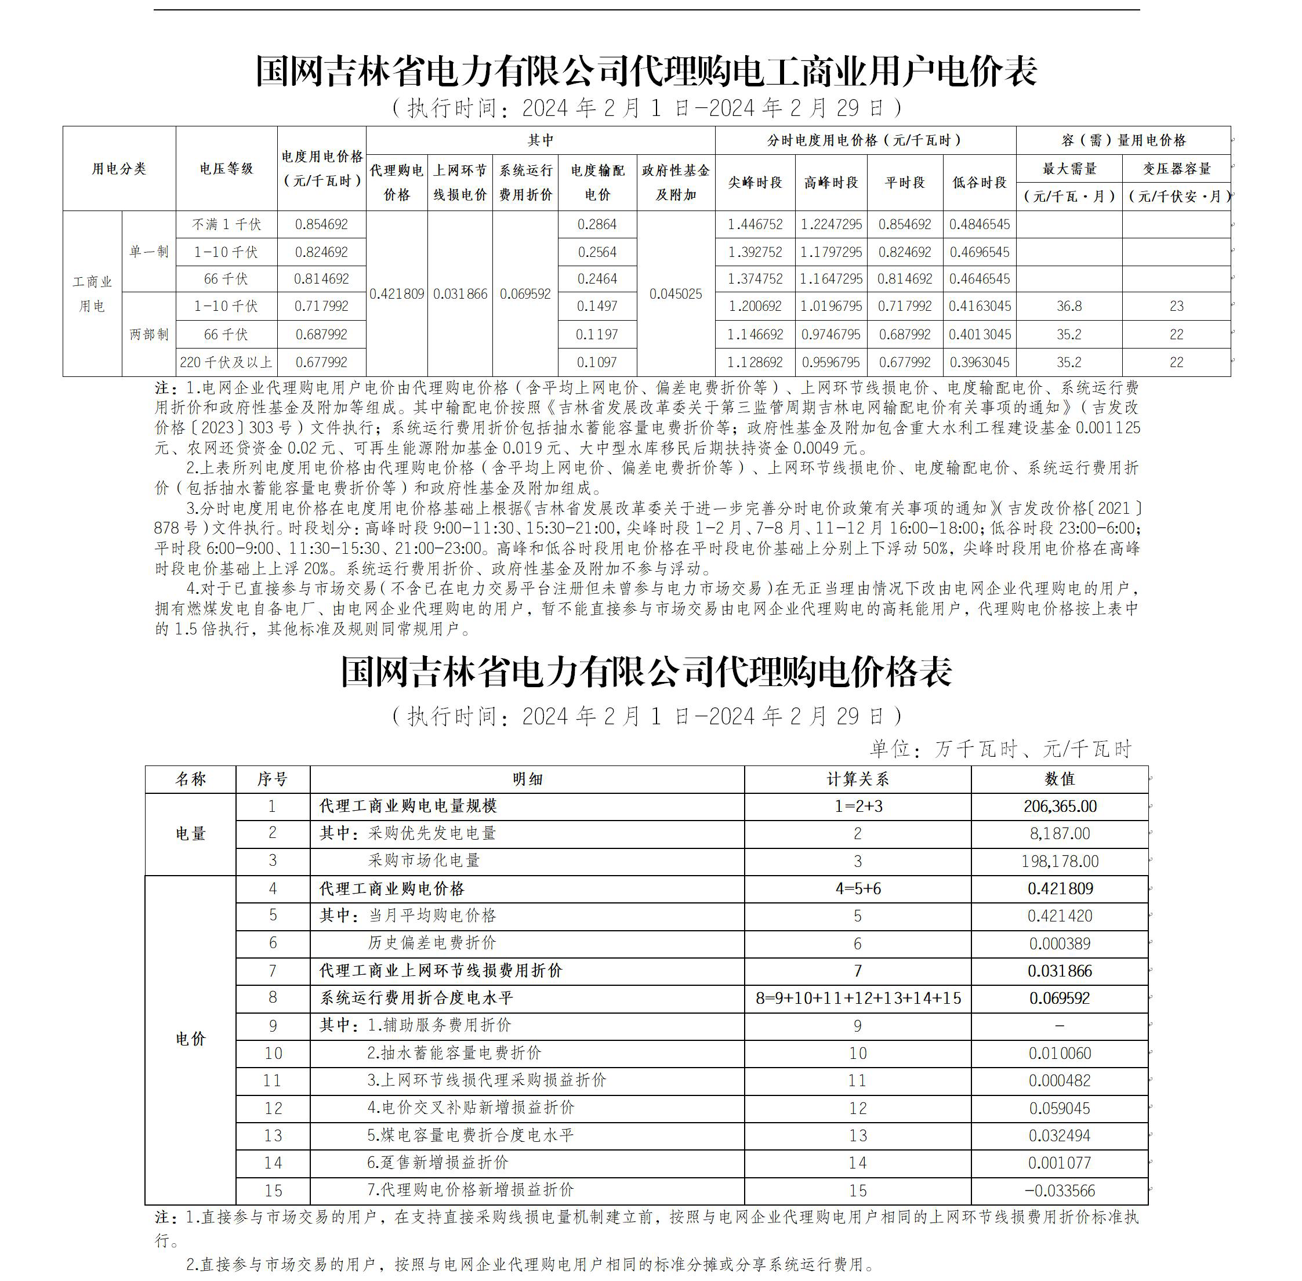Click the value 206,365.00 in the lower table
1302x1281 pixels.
coord(1060,806)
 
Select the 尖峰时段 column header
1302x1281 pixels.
coord(755,182)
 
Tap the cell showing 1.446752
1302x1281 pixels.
coord(755,225)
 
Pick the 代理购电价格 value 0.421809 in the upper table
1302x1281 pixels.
coord(396,294)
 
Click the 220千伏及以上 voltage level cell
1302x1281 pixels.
coord(226,362)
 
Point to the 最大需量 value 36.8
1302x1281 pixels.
coord(1068,306)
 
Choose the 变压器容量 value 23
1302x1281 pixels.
coord(1176,306)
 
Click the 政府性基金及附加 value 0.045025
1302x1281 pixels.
coord(675,294)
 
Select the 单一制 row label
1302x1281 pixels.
coord(148,252)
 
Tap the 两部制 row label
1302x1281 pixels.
coord(148,335)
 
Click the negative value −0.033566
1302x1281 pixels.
coord(1060,1190)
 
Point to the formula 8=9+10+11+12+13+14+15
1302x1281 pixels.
coord(858,998)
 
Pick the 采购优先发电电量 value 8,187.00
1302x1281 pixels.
coord(1060,833)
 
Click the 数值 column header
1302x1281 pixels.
coord(1060,779)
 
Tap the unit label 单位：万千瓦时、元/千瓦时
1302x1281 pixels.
coord(1000,748)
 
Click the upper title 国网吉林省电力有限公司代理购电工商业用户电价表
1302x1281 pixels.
coord(646,71)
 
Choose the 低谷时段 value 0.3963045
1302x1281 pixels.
coord(979,362)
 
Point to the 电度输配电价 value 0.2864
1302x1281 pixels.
coord(597,225)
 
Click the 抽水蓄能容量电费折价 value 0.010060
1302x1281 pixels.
coord(1060,1053)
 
